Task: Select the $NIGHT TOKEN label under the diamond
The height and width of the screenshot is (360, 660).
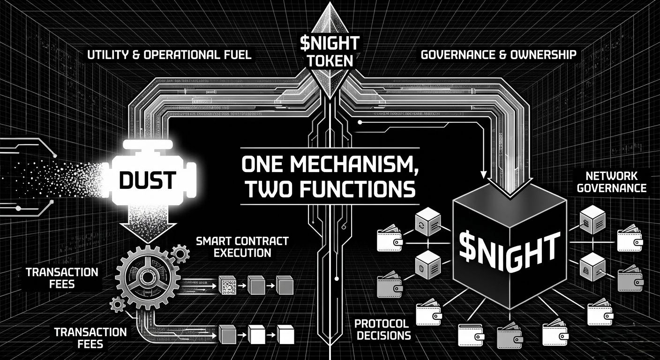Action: click(330, 52)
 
